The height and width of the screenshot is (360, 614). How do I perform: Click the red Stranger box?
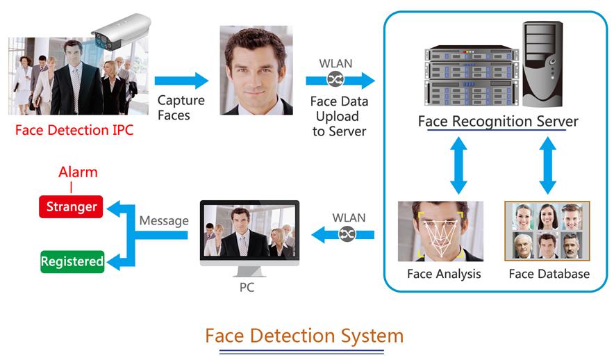(72, 206)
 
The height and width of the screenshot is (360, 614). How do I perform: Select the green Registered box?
(72, 261)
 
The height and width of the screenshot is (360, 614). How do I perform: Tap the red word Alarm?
(78, 172)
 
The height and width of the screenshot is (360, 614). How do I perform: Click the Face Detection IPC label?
(74, 130)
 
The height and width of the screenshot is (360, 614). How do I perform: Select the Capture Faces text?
(181, 107)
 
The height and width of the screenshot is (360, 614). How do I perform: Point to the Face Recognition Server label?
(497, 122)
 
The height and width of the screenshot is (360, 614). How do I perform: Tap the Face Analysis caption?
(444, 274)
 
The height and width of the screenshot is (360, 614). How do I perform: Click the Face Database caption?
(549, 274)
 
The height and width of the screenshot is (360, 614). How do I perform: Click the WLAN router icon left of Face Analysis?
(347, 235)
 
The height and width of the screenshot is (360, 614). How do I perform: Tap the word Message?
(164, 221)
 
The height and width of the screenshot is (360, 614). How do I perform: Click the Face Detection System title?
(304, 336)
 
